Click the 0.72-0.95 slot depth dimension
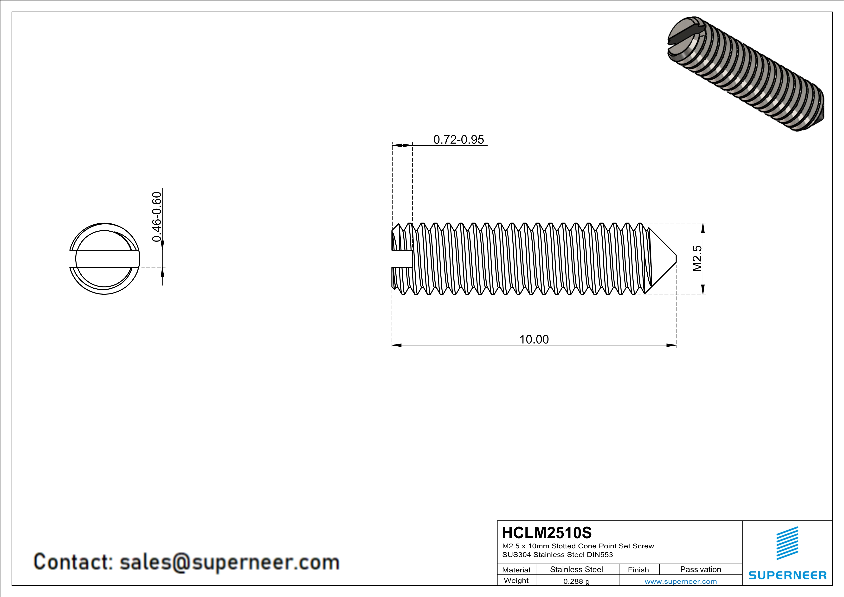click(x=458, y=140)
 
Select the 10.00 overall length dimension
click(x=534, y=339)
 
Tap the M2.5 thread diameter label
click(x=697, y=259)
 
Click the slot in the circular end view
click(x=105, y=259)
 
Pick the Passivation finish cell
click(x=700, y=569)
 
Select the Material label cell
click(x=516, y=570)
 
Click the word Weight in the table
click(x=516, y=580)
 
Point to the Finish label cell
click(x=638, y=570)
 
